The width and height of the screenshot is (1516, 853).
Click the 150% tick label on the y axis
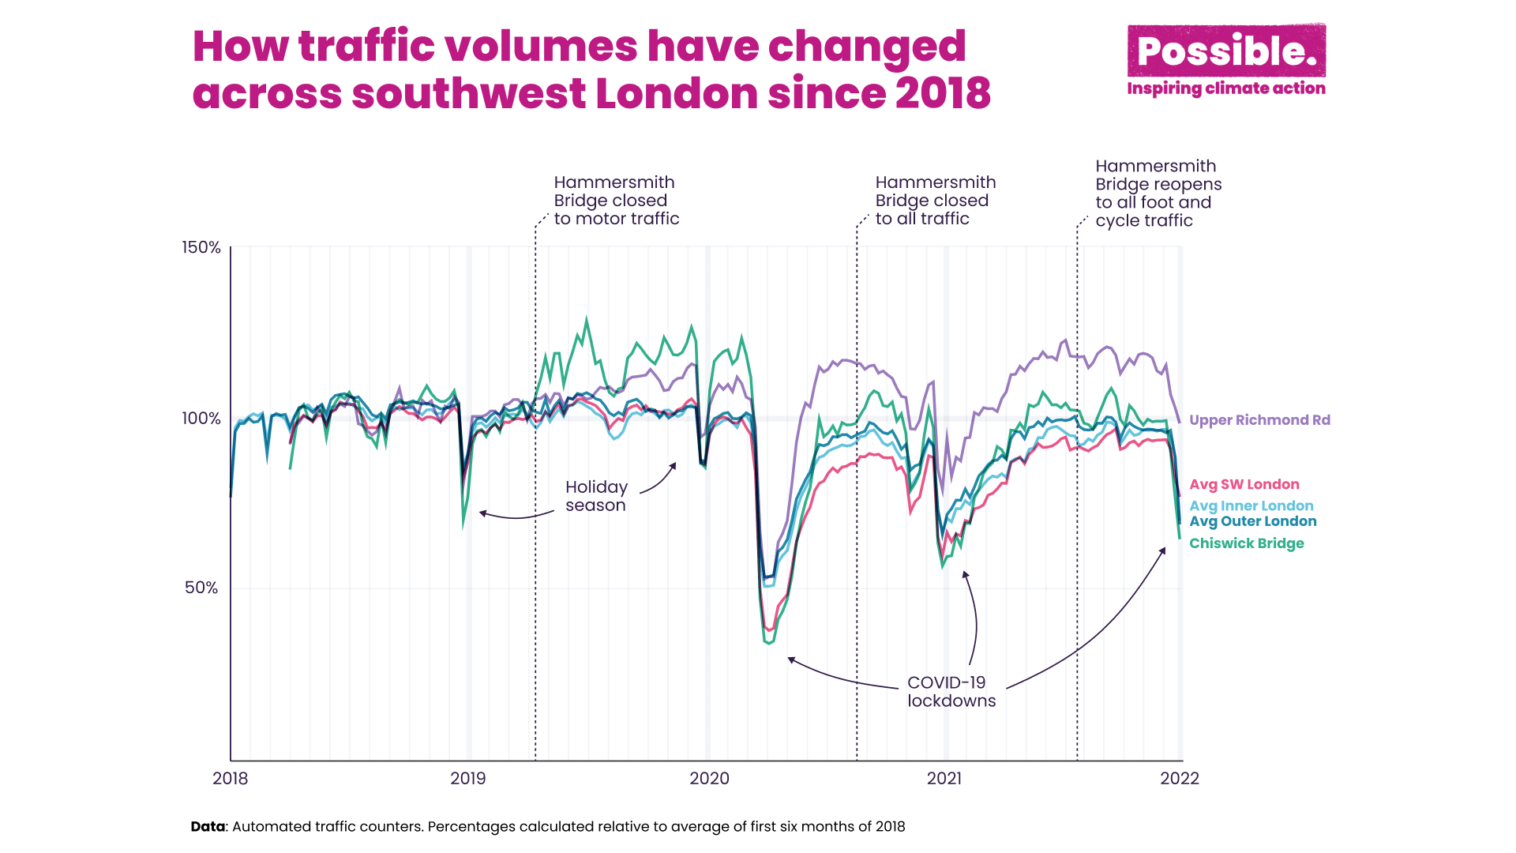(201, 248)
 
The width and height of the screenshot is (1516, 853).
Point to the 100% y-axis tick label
(201, 419)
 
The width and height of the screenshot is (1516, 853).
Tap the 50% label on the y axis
(201, 588)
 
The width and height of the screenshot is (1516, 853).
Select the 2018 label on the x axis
(230, 779)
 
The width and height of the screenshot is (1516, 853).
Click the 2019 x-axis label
(467, 779)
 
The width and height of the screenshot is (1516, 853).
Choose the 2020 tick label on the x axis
(709, 779)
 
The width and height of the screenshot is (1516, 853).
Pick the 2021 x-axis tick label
(944, 779)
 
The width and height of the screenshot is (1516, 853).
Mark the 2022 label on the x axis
(1180, 779)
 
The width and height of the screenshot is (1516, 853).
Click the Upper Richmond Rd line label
(1259, 420)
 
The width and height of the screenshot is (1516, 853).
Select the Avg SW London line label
(1244, 485)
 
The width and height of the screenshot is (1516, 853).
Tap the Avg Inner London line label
(1251, 506)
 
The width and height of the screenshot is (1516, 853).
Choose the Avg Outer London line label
(1253, 521)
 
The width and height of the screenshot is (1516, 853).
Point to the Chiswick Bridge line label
(1247, 543)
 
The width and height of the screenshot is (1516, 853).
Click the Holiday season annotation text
(596, 496)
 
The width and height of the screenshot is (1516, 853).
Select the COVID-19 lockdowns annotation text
(951, 692)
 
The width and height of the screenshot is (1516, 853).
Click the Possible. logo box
(1226, 51)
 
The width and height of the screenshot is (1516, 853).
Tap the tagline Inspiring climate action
(1226, 88)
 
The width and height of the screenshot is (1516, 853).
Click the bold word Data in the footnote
(208, 827)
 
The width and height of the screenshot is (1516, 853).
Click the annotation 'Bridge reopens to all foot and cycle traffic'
(1158, 194)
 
